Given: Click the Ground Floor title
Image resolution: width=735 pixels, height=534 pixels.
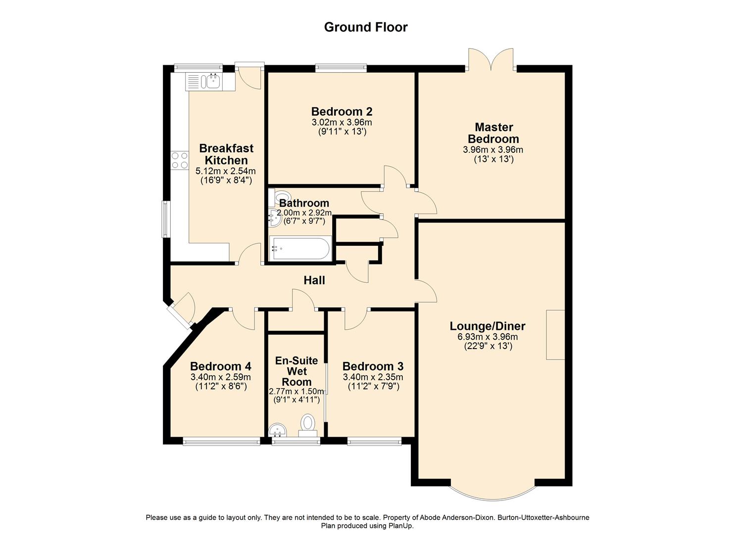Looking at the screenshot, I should click(366, 27).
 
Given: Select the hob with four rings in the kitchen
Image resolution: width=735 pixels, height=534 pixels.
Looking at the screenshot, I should click(180, 160).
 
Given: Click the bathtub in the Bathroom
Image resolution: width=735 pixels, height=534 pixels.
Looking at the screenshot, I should click(300, 249).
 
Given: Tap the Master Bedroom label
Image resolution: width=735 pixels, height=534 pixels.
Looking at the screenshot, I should click(493, 133).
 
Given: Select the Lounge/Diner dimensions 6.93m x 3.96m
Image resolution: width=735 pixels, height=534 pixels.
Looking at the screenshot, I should click(488, 337).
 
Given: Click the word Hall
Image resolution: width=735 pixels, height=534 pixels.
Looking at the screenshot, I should click(314, 280).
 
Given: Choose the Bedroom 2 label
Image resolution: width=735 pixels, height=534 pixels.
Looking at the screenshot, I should click(342, 111).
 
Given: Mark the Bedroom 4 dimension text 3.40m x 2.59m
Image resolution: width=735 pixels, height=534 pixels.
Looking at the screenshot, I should click(221, 377).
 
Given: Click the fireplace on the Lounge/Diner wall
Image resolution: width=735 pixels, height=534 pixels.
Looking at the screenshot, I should click(555, 335).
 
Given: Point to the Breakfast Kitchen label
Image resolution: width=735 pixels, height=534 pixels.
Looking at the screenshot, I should click(226, 154).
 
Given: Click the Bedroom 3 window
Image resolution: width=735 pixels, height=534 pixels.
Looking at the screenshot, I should click(374, 441).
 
